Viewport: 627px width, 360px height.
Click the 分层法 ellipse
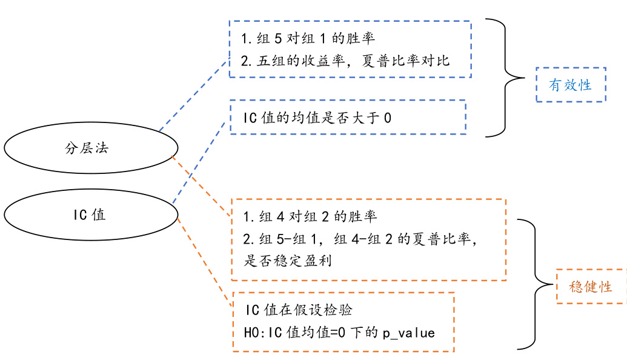tap(91, 148)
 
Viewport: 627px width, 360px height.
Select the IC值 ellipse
tap(91, 215)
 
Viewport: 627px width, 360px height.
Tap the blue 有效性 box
tap(570, 85)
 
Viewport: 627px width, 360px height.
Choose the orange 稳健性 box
tap(591, 286)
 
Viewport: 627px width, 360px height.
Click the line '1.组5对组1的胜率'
tap(308, 39)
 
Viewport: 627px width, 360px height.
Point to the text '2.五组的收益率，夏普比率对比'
tap(345, 61)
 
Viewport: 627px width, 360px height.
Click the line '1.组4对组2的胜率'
tap(310, 216)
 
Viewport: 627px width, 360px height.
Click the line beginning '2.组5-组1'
tap(361, 239)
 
